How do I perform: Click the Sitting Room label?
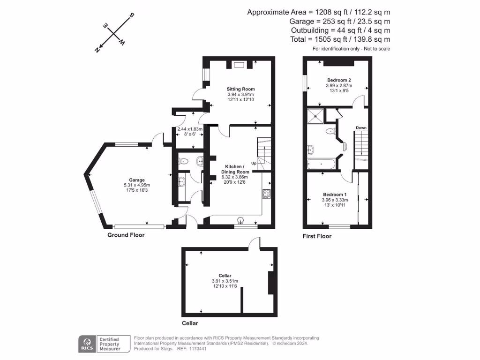click(x=240, y=89)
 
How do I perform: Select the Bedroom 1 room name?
click(x=335, y=195)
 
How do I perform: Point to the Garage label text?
click(x=137, y=180)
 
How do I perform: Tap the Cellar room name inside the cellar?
click(x=225, y=276)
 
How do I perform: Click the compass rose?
click(x=114, y=34)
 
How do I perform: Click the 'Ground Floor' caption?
click(x=126, y=235)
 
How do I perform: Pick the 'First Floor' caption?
click(x=317, y=236)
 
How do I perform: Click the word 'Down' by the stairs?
click(x=361, y=127)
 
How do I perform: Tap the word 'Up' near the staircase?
click(x=254, y=164)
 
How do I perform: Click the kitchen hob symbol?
click(x=267, y=194)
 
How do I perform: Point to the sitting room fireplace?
click(x=239, y=65)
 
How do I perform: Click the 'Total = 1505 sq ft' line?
click(x=339, y=40)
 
